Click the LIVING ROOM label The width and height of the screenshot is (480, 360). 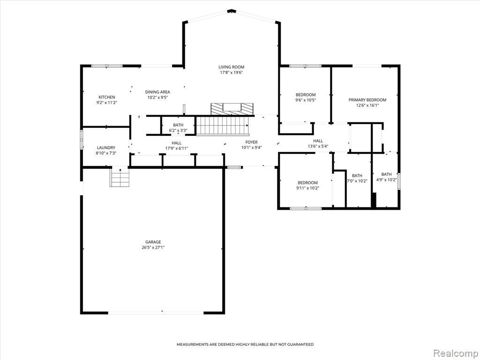click(x=231, y=67)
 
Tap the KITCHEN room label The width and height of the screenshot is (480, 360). click(x=106, y=97)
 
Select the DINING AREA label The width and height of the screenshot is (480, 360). click(x=157, y=92)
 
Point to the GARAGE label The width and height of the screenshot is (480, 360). click(x=153, y=242)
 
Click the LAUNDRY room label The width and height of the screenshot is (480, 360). click(x=106, y=148)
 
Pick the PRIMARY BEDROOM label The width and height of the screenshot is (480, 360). click(x=367, y=100)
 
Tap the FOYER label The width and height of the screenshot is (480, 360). click(x=251, y=142)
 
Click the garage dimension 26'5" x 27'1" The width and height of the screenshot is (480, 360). click(x=153, y=247)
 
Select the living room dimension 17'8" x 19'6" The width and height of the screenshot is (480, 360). click(x=231, y=73)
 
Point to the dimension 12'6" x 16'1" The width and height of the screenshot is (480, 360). click(x=367, y=105)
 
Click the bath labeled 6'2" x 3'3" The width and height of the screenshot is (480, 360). click(x=178, y=127)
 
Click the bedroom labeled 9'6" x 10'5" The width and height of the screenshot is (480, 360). click(x=306, y=97)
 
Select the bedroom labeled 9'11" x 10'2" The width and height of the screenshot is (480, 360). click(x=307, y=186)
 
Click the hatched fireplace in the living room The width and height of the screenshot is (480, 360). click(x=232, y=109)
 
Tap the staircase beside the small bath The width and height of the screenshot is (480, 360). click(x=222, y=126)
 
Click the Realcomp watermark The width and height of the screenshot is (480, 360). click(x=455, y=353)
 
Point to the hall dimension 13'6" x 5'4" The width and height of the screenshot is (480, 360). click(x=318, y=146)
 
